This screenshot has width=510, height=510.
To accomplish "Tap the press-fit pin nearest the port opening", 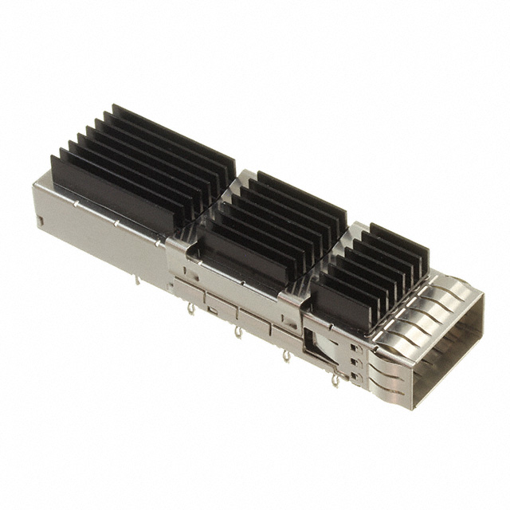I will point(335,382).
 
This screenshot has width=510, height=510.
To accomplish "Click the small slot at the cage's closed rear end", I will point(40,218).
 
